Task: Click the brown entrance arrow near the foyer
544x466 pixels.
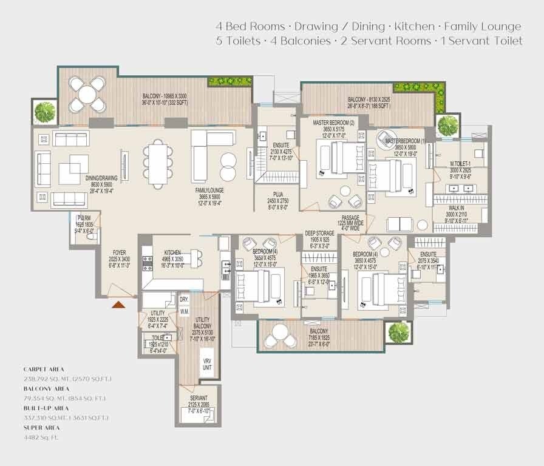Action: coord(119,303)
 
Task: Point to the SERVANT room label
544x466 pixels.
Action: coord(199,398)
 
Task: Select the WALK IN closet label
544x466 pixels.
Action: coord(456,208)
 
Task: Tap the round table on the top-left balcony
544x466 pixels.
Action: coord(88,95)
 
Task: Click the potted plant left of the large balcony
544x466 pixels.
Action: coord(44,111)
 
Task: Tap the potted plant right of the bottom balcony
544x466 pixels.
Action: coord(398,332)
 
